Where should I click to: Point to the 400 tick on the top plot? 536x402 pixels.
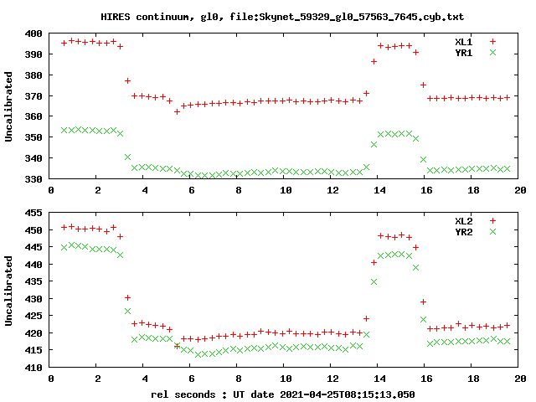34,33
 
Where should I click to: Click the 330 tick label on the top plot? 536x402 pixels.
34,179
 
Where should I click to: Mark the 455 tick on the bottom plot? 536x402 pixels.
34,213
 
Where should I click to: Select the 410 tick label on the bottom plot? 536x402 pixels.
34,368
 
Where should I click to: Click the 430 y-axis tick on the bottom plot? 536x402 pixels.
34,299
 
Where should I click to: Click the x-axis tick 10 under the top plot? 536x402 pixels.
286,190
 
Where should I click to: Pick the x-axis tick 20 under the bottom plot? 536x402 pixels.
519,379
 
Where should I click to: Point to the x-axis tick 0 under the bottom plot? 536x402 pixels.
52,379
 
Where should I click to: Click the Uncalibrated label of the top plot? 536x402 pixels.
9,106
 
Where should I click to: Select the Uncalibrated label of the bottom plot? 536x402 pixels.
9,290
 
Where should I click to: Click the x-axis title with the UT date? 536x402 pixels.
283,393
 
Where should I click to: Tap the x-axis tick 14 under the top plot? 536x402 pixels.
379,190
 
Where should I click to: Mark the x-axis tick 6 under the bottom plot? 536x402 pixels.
192,379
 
